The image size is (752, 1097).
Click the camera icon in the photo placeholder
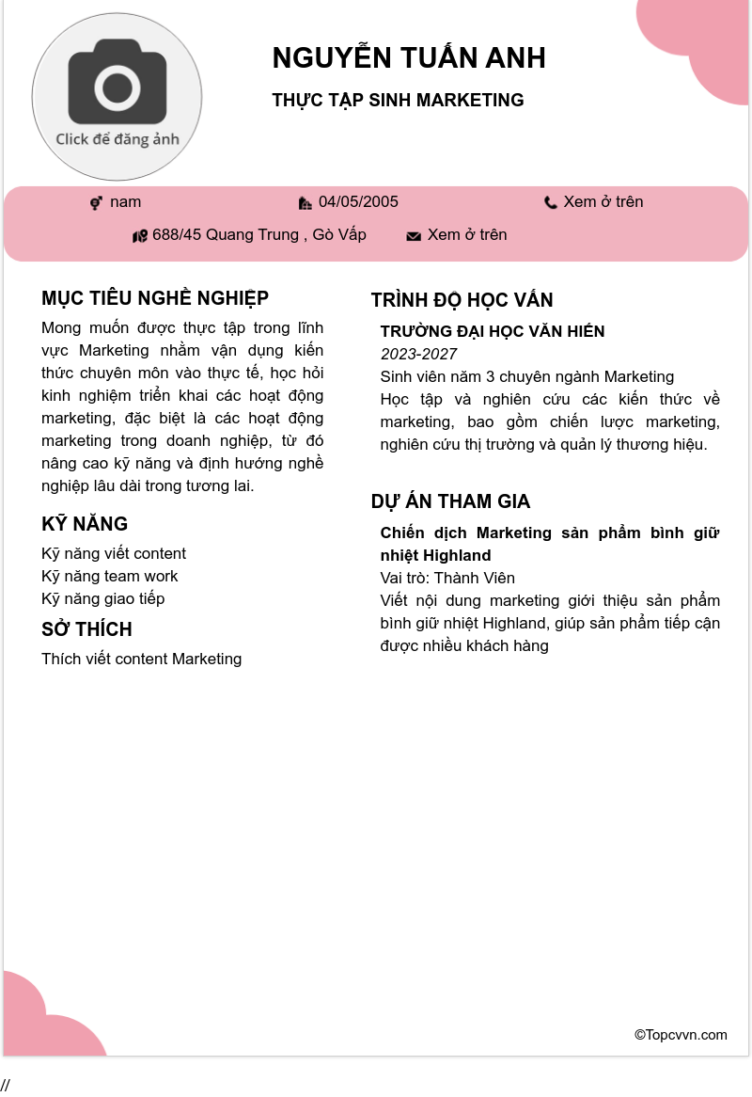pos(117,87)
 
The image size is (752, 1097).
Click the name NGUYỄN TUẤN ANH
pos(409,58)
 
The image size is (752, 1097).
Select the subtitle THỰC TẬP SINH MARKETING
pos(398,101)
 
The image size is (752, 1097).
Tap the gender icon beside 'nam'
pos(96,203)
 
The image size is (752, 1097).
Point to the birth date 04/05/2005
pos(358,202)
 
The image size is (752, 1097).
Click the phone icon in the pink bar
pos(551,203)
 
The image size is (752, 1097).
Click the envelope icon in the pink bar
pos(414,236)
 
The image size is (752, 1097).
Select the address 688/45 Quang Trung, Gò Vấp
pos(259,235)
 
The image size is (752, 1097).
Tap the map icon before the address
pos(140,236)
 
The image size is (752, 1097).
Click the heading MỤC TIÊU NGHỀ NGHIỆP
pos(155,298)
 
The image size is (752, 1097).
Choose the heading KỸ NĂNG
pos(85,524)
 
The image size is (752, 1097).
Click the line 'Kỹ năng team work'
pos(110,576)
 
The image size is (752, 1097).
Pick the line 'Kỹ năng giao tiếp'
pos(103,598)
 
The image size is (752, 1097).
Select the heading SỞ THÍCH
pos(86,629)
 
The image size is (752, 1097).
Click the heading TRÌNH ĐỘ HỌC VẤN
pos(462,300)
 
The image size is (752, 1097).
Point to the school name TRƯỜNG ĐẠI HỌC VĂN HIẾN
pos(493,331)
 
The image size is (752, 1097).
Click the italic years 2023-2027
pos(418,354)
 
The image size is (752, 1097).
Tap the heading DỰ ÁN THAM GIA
pos(450,501)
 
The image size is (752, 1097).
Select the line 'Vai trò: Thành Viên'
pos(447,578)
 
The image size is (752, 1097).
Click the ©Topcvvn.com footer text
pos(681,1035)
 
